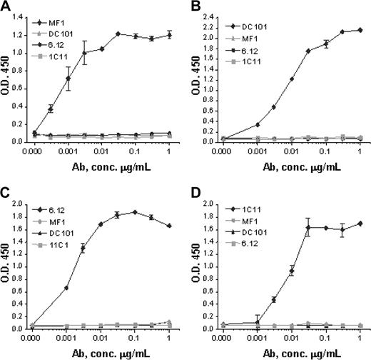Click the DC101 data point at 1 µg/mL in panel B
[359, 30]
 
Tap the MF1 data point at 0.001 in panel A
[68, 79]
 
